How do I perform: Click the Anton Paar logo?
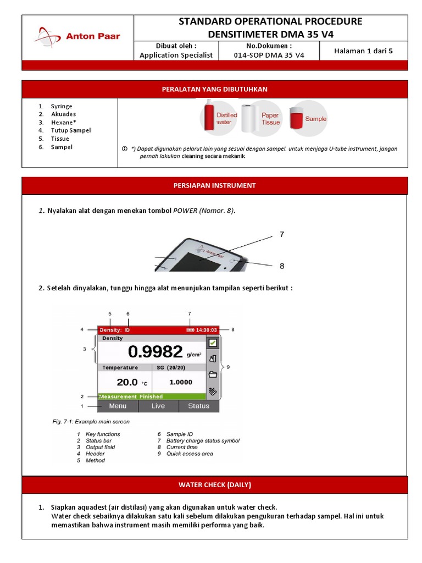(x=77, y=37)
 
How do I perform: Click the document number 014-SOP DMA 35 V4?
(x=269, y=55)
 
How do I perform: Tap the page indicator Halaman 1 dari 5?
(x=363, y=51)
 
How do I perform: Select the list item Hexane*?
(x=64, y=122)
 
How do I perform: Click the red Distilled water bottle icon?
(x=209, y=115)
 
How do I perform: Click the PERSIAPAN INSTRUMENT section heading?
(x=214, y=185)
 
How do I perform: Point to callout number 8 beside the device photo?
(x=282, y=266)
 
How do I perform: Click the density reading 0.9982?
(x=156, y=351)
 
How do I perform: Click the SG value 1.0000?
(x=180, y=382)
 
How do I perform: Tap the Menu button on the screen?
(x=118, y=406)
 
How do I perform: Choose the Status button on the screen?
(x=198, y=406)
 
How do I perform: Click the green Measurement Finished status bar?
(x=130, y=396)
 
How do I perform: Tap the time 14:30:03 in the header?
(x=207, y=330)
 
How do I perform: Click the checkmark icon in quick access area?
(x=212, y=343)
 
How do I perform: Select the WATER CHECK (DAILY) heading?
(x=214, y=484)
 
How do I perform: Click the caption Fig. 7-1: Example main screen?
(x=91, y=422)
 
